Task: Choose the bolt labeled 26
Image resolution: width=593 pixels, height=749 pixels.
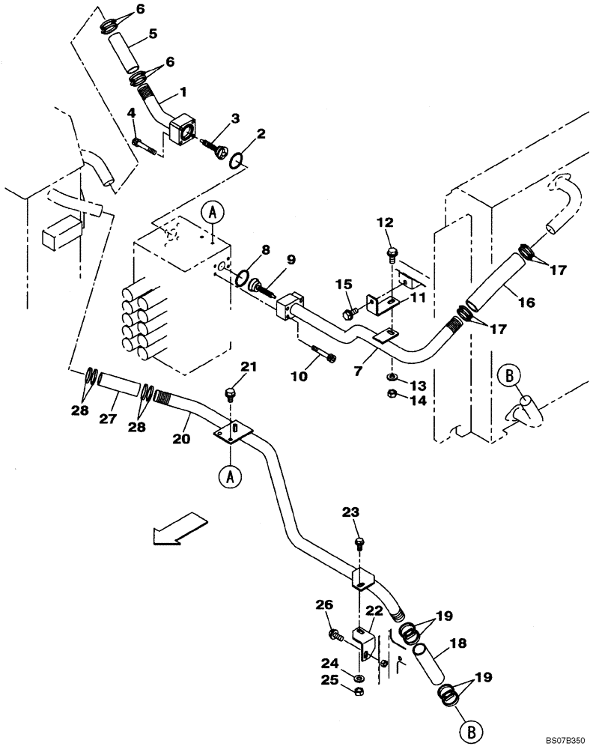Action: pyautogui.click(x=336, y=637)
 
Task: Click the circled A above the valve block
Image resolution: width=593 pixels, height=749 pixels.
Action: pyautogui.click(x=212, y=213)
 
